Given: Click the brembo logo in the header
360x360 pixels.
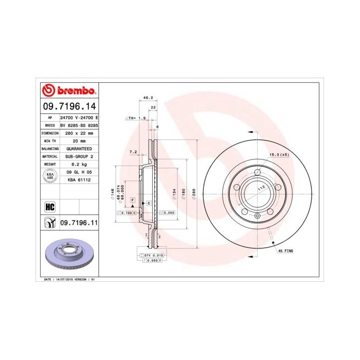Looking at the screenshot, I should click(69, 91).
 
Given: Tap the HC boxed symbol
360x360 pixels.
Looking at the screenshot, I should click(50, 207).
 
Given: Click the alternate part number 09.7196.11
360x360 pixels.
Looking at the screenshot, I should click(79, 223).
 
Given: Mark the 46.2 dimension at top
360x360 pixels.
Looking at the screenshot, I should click(148, 97).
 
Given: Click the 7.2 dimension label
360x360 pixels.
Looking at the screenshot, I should click(133, 151).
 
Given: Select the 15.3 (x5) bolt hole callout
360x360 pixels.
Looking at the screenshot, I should click(277, 154).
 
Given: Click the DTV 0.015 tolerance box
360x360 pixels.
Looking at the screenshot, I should click(152, 255).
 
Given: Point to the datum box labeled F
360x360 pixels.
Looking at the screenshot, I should click(133, 199).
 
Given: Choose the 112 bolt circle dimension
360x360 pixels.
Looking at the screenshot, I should click(261, 188).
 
